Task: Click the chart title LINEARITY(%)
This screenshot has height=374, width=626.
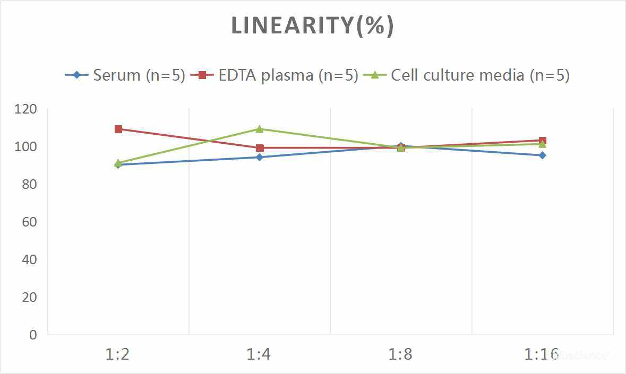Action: (312, 26)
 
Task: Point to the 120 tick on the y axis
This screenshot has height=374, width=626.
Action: (27, 109)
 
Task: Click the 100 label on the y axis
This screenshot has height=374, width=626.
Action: (27, 146)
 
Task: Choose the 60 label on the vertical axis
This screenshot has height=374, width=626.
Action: (29, 222)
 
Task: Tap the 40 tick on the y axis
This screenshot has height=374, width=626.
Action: (29, 259)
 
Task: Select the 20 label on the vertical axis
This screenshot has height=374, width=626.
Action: (29, 297)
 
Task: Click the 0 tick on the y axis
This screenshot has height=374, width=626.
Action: (33, 335)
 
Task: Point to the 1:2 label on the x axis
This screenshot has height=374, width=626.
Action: (118, 354)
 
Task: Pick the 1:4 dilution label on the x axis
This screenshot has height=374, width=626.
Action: (259, 354)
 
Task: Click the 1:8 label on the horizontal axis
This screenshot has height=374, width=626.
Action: (400, 354)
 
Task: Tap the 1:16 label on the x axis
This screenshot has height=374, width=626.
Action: (542, 354)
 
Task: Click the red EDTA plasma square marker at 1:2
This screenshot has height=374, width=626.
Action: (118, 129)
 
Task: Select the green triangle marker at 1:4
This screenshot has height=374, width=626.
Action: (260, 129)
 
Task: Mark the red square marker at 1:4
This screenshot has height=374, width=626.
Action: (260, 148)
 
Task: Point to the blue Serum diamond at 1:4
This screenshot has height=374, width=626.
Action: (260, 157)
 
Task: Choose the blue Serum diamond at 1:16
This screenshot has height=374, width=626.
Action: (543, 155)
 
